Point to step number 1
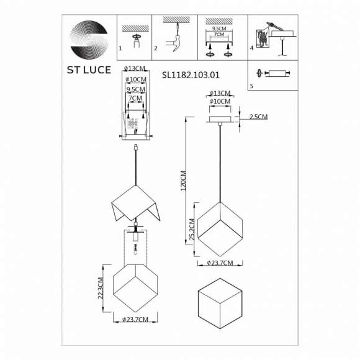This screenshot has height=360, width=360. [120, 48]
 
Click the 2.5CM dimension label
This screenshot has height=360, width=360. [259, 117]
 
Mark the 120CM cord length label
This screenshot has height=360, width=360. [183, 181]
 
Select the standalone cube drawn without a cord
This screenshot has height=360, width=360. [222, 305]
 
